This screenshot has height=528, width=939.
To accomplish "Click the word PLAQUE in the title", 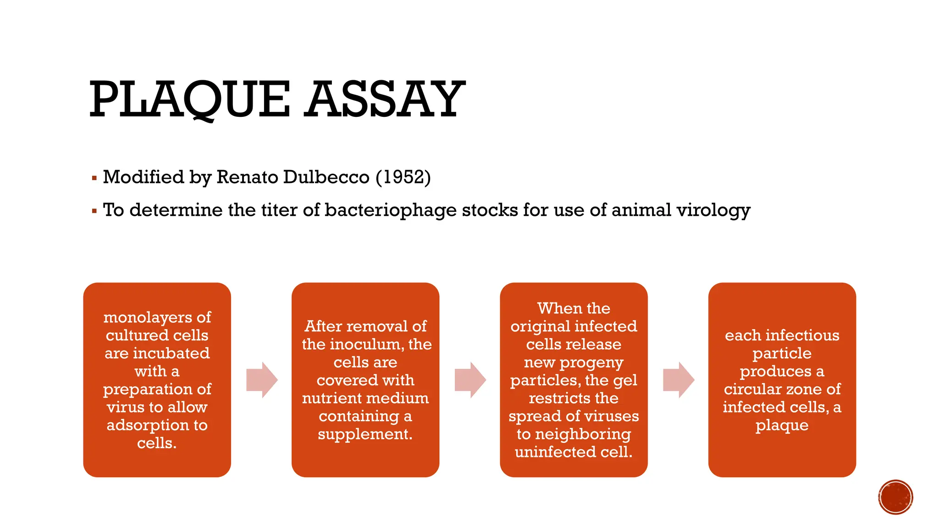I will click(x=189, y=99).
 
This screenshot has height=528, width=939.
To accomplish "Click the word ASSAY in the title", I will click(x=385, y=99).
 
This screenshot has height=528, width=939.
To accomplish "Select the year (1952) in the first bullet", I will click(x=403, y=177).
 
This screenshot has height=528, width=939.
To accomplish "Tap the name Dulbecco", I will click(x=326, y=177).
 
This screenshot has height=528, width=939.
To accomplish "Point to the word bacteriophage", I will click(x=390, y=210).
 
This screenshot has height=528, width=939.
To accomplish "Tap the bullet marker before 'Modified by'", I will click(x=94, y=178).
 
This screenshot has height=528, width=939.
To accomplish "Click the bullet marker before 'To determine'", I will click(x=94, y=211).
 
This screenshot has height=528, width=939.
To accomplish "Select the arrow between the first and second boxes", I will click(x=262, y=379).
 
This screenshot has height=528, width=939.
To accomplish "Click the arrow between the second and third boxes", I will click(x=470, y=379).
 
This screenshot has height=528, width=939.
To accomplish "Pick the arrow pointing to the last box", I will click(x=679, y=379).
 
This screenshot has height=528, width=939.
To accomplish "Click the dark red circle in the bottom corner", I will click(x=895, y=497).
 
